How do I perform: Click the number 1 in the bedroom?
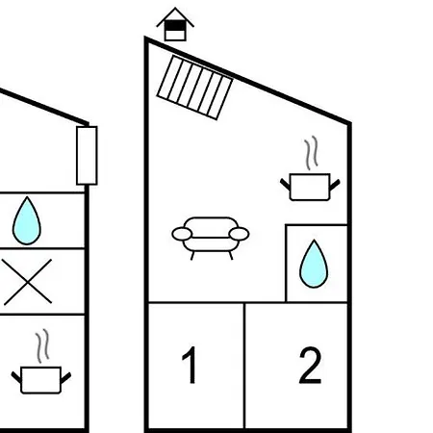click(191, 365)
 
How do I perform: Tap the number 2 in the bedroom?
click(310, 365)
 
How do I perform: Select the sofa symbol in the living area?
click(211, 238)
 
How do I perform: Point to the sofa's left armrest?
click(182, 234)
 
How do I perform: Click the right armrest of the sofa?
click(239, 234)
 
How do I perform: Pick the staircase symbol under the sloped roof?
click(194, 88)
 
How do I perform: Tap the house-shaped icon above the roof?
click(175, 24)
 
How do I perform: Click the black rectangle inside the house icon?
click(175, 25)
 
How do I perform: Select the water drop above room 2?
click(314, 264)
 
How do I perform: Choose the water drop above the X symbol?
click(27, 221)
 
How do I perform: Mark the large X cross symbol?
click(28, 282)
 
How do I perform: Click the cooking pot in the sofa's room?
click(310, 187)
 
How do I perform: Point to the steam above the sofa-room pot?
click(311, 153)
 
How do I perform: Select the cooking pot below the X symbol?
click(41, 380)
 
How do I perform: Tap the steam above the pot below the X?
click(42, 346)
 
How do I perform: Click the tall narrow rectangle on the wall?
click(87, 156)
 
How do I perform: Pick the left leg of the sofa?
click(192, 256)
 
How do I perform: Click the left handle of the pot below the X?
click(16, 377)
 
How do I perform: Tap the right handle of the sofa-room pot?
click(335, 185)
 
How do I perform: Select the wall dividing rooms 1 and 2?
click(244, 366)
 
